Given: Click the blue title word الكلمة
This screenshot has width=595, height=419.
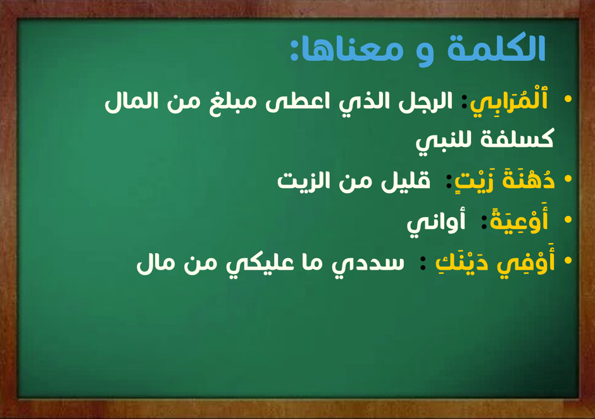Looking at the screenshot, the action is point(496,49).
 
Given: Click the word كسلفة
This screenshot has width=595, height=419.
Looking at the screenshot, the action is point(517,138).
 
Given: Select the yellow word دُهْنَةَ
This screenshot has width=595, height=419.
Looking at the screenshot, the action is point(529,179).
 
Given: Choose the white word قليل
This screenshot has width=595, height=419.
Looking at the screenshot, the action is point(405,180).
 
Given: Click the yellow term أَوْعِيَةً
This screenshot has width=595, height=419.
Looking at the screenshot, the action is point(519,220).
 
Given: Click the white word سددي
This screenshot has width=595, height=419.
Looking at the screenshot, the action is point(368,264).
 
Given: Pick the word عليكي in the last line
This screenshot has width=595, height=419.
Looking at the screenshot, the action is point(260,264).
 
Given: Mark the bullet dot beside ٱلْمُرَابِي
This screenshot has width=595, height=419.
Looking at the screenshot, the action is point(568,99).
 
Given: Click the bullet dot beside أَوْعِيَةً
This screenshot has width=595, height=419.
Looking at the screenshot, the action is point(568,220).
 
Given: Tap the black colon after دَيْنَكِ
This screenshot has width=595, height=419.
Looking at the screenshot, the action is point(423,263).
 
